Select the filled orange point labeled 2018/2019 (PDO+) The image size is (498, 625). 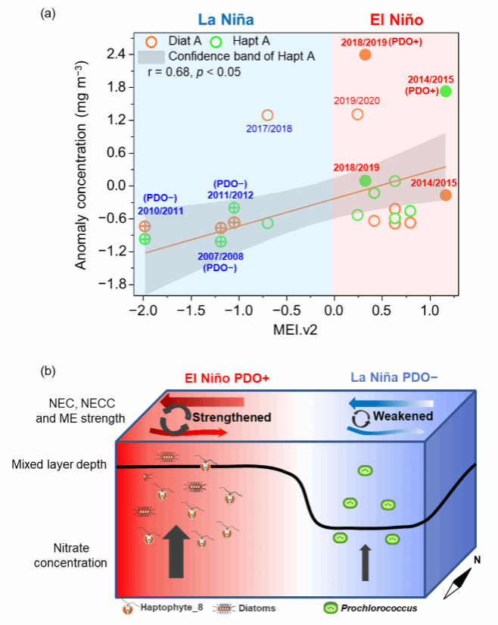365,55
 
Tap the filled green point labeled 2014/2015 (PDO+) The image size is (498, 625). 445,91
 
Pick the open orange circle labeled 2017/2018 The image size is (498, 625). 267,115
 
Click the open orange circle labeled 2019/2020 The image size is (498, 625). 357,114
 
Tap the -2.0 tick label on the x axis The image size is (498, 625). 144,310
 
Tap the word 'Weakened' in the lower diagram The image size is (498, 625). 406,417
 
